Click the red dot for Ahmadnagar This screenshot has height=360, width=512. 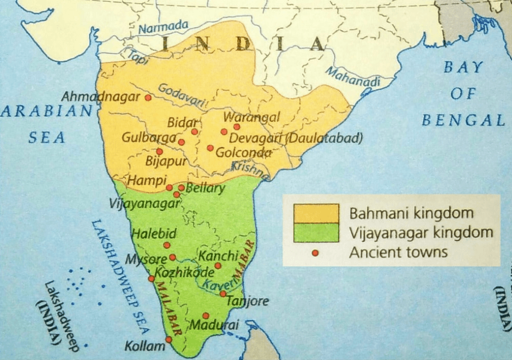[148, 98]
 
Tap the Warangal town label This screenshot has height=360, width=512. [251, 117]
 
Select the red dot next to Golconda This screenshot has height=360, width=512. [210, 148]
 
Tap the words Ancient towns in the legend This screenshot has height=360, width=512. [398, 252]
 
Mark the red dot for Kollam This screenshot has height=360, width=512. [168, 339]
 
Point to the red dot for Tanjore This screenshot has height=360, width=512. [223, 293]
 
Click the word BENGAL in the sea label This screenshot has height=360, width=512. [463, 120]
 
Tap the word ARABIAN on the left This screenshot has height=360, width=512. [47, 111]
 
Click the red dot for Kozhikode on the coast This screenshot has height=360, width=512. [151, 279]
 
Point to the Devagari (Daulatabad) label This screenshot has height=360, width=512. [295, 138]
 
